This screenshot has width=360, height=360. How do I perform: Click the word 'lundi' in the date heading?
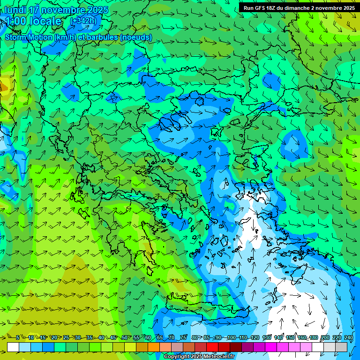coord(15,10)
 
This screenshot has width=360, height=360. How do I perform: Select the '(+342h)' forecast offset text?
coord(83,21)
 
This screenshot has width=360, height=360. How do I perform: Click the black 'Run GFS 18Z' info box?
coord(298,7)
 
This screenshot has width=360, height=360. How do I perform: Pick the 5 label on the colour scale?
coord(17,337)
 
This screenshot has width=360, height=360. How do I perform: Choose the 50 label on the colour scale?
coord(125,337)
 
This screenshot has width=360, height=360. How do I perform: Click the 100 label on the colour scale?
coord(231,337)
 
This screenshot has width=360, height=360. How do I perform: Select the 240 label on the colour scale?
coord(348,337)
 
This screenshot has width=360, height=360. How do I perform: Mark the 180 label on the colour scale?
coord(313,337)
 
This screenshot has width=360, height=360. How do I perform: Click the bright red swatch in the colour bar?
coord(212,347)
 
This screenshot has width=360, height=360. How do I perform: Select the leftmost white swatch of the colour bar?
coord(13,347)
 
